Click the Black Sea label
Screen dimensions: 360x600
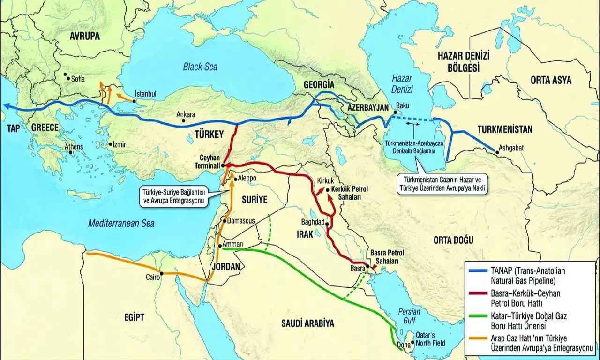(201, 67)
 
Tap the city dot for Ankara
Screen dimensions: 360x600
(183, 121)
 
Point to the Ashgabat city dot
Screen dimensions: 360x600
(495, 151)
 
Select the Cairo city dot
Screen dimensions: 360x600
(162, 273)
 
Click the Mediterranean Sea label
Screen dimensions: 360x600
(122, 224)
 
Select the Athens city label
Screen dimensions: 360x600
(74, 147)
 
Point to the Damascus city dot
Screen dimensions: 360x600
(225, 221)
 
